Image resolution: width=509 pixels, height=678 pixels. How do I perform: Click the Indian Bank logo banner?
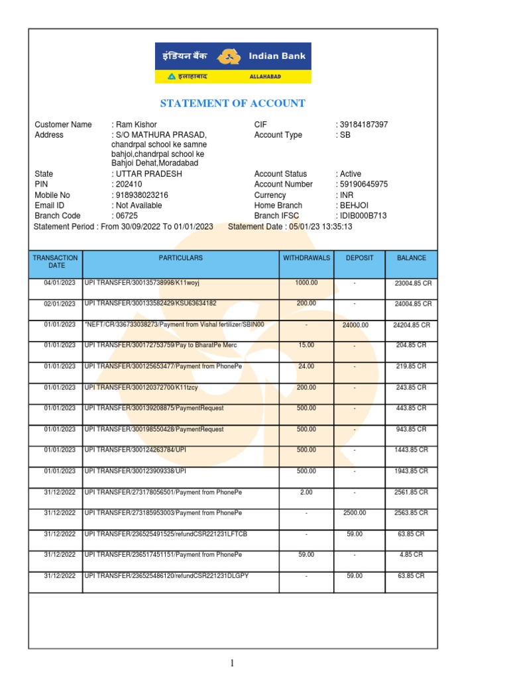click(233, 63)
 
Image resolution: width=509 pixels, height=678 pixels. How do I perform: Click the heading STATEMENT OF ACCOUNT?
click(233, 103)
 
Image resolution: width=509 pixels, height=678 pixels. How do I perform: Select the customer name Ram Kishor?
click(135, 124)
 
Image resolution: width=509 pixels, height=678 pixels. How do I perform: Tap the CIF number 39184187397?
click(364, 124)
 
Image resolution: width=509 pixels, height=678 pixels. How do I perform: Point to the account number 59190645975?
click(364, 184)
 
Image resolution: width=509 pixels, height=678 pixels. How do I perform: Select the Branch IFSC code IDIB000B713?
click(363, 216)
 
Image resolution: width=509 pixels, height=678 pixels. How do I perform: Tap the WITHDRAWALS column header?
click(306, 258)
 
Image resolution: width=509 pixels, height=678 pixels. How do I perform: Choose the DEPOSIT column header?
click(360, 258)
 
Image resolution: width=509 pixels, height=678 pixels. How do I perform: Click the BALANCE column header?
click(411, 258)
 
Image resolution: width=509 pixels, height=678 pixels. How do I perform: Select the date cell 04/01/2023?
click(56, 283)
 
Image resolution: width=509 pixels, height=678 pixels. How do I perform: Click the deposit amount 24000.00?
click(355, 325)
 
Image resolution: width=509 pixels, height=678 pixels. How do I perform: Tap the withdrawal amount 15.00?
click(306, 345)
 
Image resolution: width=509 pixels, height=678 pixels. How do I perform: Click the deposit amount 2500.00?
click(355, 512)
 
